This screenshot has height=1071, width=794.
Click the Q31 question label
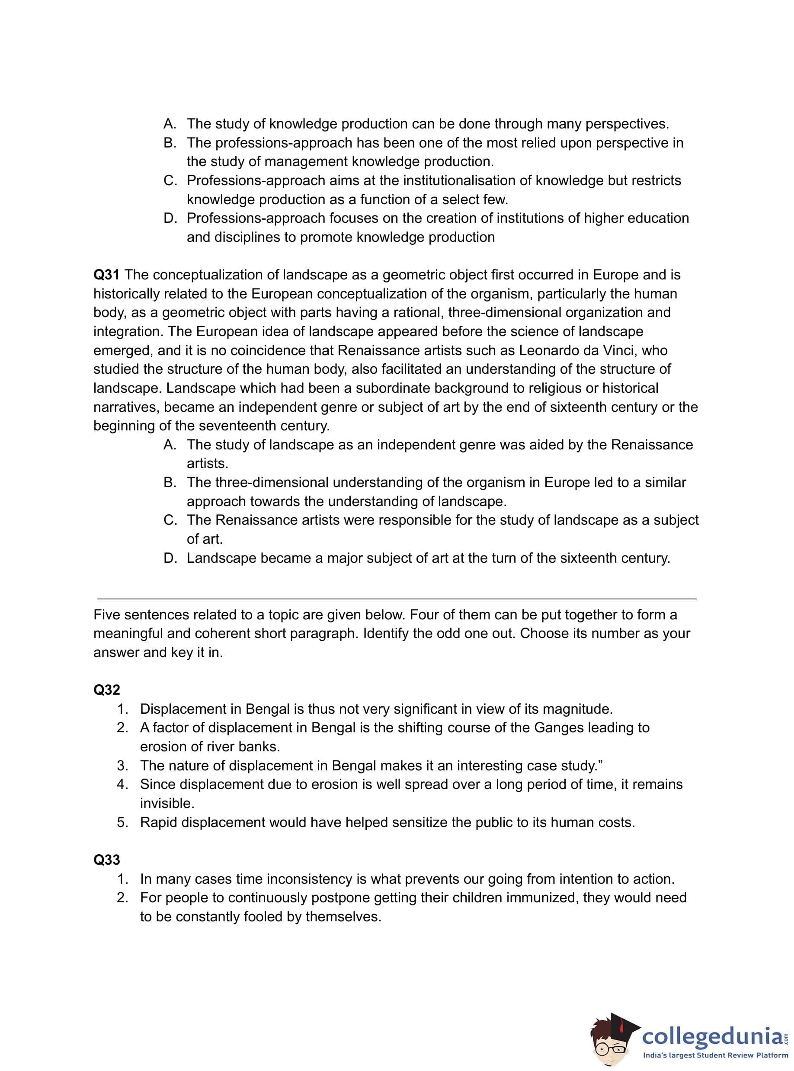(x=106, y=275)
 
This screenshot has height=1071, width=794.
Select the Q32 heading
(x=107, y=690)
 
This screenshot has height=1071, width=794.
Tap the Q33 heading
(x=107, y=859)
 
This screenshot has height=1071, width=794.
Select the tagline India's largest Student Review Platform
(x=716, y=1055)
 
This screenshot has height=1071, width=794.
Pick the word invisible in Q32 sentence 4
(x=167, y=803)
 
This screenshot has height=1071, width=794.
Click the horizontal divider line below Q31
(x=397, y=599)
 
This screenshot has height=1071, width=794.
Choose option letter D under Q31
(x=170, y=558)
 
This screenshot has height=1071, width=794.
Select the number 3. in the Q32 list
(x=122, y=766)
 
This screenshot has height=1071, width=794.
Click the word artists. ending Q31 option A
(x=207, y=463)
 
